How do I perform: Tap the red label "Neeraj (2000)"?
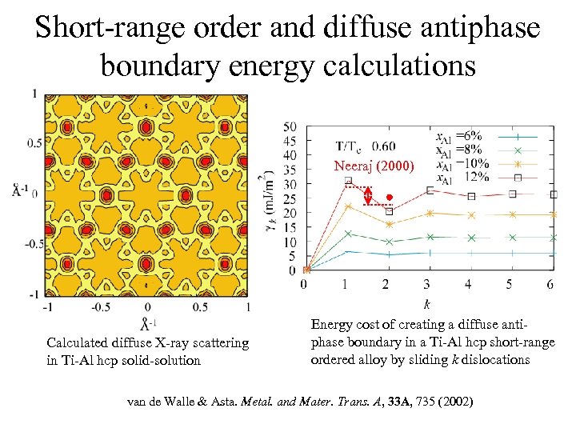tap(374, 166)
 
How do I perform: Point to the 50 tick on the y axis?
tap(291, 126)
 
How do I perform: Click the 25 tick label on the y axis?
tap(291, 198)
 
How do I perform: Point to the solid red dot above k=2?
tap(389, 197)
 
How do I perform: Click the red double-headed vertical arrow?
tap(368, 196)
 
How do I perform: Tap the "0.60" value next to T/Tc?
tap(383, 146)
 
